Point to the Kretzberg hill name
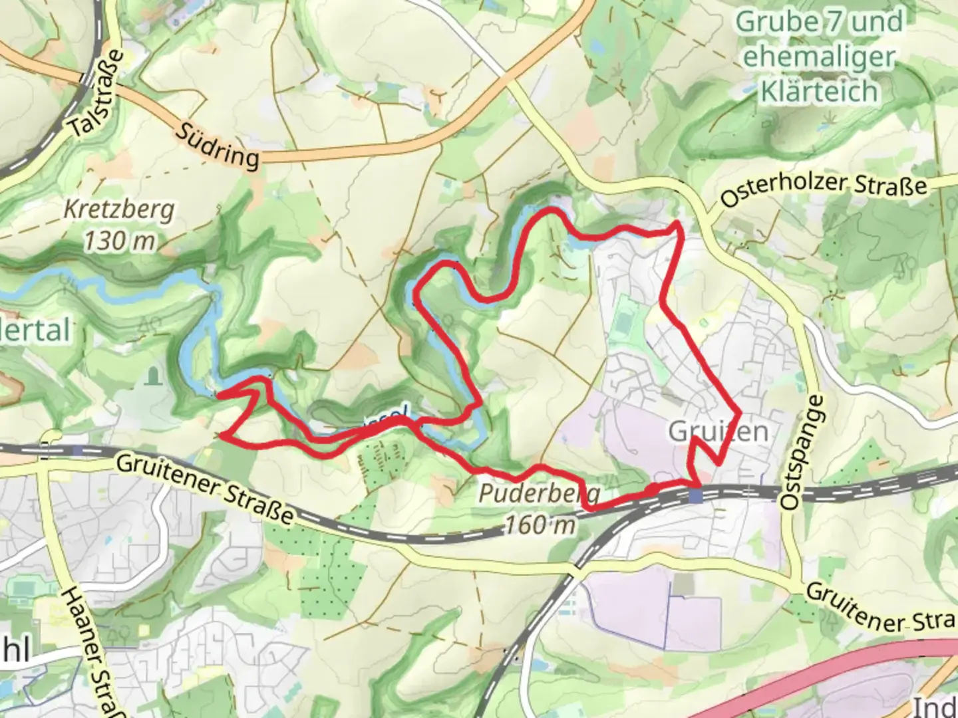(x=120, y=210)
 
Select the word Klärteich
(x=819, y=91)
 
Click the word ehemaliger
(x=819, y=57)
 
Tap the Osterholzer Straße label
(x=824, y=190)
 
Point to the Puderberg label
(x=540, y=494)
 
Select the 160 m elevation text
(x=540, y=525)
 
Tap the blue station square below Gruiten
(x=696, y=495)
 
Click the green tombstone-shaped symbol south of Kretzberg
(x=154, y=376)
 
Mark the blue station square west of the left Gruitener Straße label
(x=79, y=450)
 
